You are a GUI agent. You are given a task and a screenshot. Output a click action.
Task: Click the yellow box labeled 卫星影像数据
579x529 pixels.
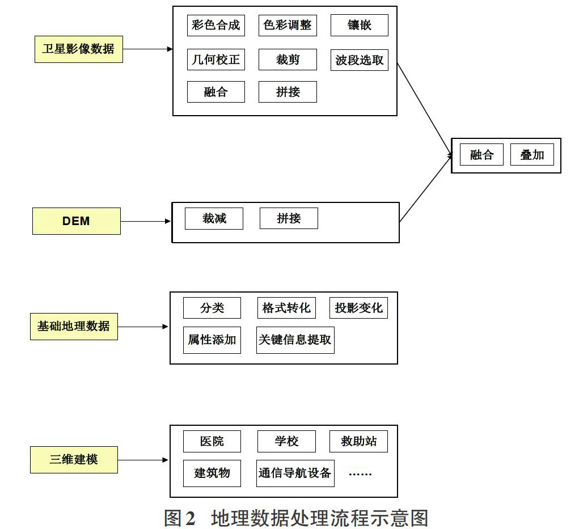pos(79,49)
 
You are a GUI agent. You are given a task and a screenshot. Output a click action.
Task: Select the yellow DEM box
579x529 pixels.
pos(77,221)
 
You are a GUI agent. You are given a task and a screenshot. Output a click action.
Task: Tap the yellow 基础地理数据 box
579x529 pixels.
pos(74,327)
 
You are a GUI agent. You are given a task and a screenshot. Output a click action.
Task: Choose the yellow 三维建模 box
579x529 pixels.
pos(74,460)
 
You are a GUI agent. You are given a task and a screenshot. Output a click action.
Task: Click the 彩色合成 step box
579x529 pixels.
pos(216,25)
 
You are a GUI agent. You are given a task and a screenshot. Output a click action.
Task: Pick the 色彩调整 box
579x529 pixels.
pos(288,25)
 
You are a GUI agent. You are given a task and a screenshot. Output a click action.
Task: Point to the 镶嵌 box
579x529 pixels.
pos(360,25)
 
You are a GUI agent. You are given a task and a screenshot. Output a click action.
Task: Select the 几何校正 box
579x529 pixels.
pos(216,60)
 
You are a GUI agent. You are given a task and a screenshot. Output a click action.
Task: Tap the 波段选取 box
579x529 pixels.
pos(360,60)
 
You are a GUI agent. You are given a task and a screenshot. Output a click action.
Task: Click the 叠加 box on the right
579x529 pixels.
pos(532,154)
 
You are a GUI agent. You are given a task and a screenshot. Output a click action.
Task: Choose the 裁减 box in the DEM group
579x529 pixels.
pos(214,218)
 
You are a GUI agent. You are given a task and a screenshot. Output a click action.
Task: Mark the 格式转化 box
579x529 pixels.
pos(286,308)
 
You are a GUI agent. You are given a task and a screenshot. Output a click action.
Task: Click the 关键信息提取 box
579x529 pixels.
pos(295,340)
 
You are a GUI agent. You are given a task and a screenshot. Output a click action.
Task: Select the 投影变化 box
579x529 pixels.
pos(358,308)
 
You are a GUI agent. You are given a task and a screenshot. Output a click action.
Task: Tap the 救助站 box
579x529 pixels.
pos(358,441)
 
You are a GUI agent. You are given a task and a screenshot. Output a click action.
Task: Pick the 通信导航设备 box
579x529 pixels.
pos(295,473)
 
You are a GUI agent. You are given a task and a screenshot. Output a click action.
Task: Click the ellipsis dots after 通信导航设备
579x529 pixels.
pos(360,474)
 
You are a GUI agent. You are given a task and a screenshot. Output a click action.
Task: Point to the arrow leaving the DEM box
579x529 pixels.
pos(146,221)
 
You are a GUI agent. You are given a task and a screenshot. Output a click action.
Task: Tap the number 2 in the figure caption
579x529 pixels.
pos(190,518)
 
